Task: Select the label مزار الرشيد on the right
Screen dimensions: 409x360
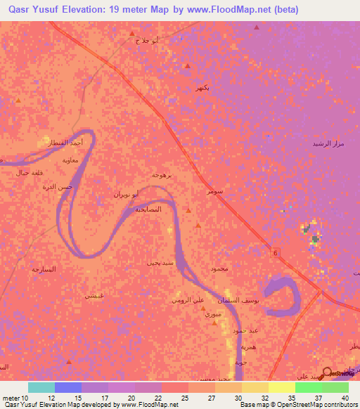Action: coord(327,143)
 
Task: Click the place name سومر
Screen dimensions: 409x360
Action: coord(215,190)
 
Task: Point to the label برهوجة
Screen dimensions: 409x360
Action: coord(162,174)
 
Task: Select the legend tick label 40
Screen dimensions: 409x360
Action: coord(345,398)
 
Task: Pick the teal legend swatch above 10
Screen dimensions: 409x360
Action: coord(41,387)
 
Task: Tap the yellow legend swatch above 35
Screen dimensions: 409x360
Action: coord(281,387)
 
